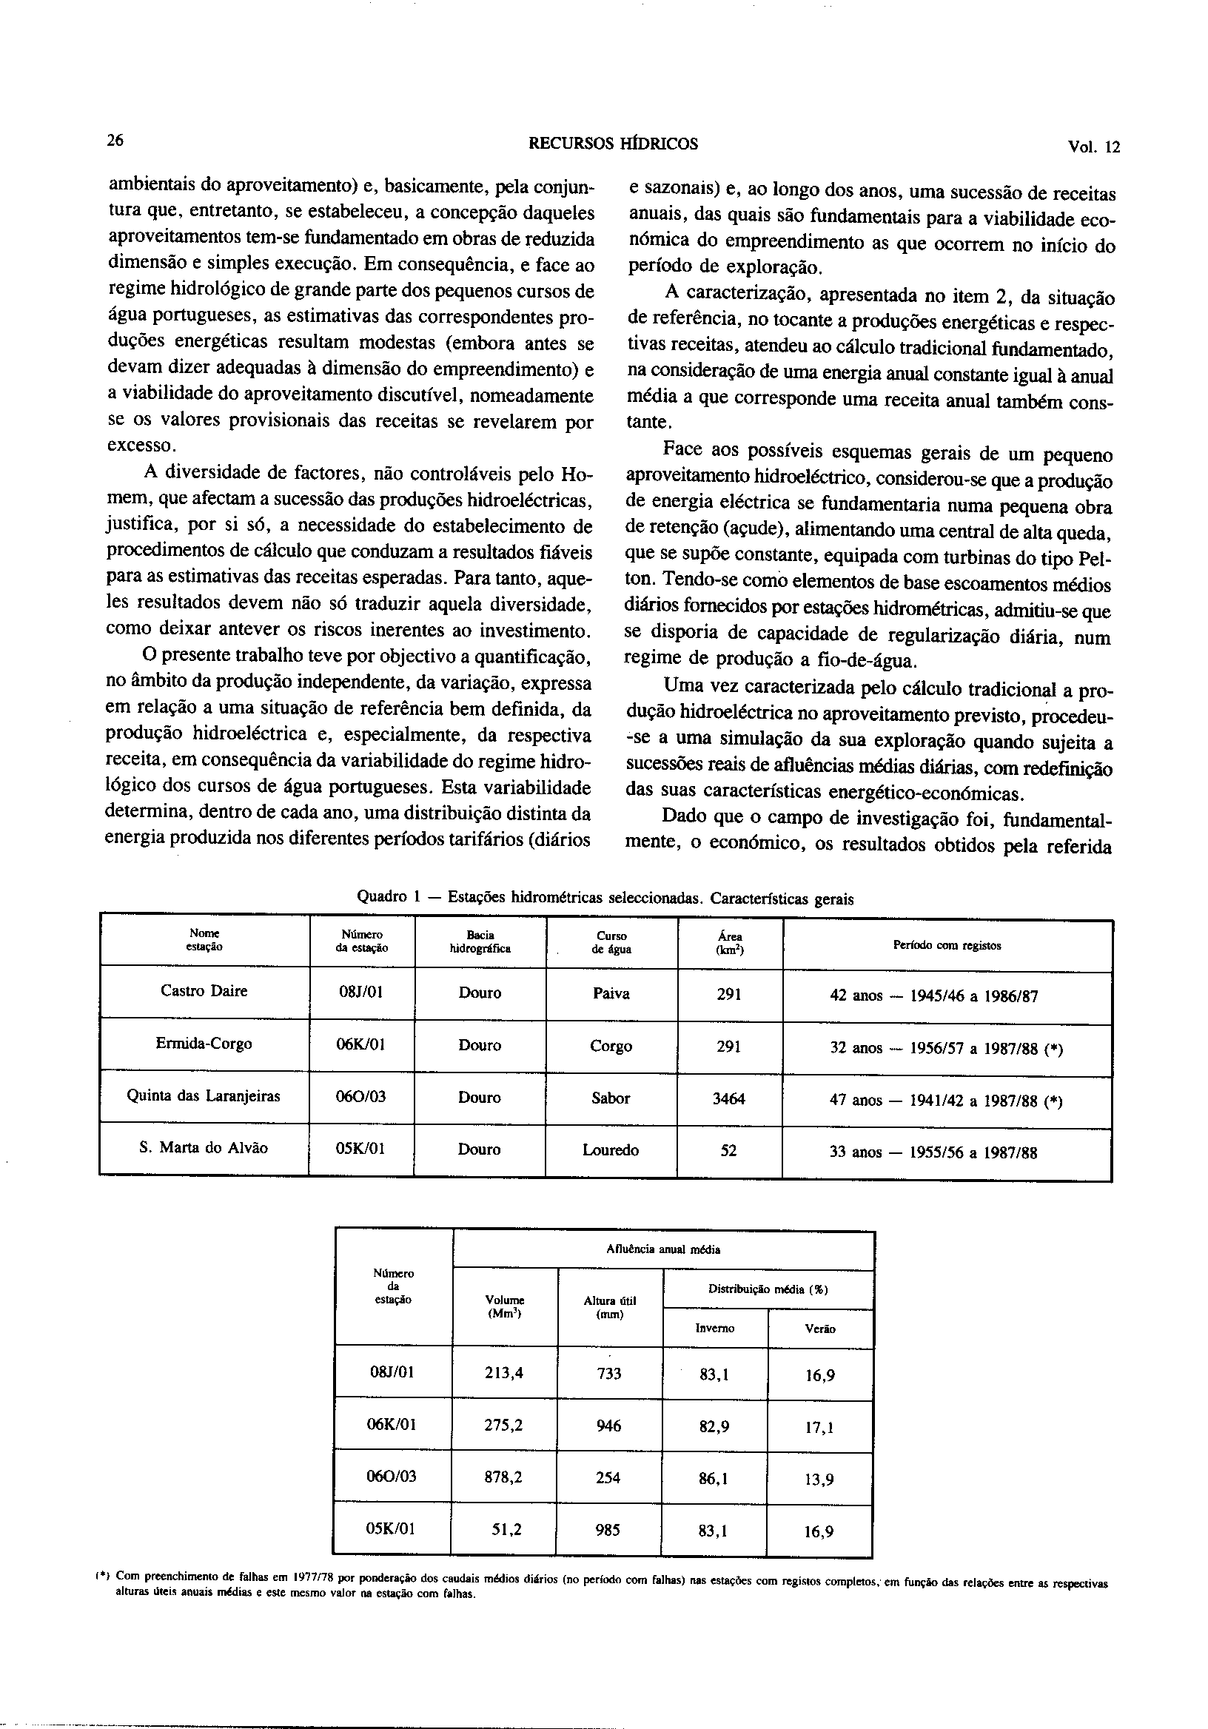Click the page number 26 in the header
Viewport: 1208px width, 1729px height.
115,140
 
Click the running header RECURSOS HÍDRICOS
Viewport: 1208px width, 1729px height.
613,144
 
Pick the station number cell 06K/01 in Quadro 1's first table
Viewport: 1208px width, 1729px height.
361,1044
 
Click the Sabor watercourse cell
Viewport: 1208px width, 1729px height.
610,1098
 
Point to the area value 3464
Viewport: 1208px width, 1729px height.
728,1098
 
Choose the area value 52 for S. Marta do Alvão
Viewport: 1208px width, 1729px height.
728,1151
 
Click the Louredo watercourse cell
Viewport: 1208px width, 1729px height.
610,1150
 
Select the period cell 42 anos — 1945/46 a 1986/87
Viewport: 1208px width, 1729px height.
934,996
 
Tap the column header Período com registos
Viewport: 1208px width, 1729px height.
947,945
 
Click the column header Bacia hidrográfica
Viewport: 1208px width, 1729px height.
480,942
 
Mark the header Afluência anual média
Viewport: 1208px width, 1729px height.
662,1249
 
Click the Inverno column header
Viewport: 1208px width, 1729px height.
714,1329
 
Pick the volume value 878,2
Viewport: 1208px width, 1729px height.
504,1477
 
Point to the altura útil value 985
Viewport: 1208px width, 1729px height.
608,1529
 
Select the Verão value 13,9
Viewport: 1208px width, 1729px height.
819,1479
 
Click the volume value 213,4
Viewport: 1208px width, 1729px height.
504,1372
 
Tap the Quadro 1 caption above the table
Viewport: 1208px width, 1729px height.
605,898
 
